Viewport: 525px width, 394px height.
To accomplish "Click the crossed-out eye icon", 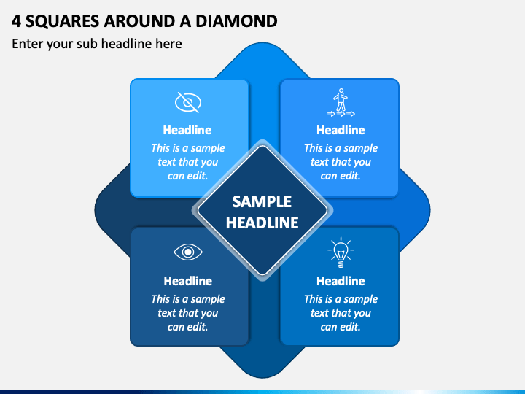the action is coord(188,102).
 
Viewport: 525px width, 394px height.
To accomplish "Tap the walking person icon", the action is coord(341,103).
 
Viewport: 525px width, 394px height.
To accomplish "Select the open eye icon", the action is coord(188,252).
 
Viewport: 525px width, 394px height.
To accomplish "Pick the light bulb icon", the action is coord(341,252).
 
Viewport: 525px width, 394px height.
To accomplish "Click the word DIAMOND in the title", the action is coord(236,21).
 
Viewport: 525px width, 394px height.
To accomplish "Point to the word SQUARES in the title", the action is coord(62,21).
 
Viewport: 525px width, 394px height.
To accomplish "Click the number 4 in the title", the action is coord(16,21).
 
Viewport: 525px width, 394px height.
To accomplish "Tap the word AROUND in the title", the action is coord(140,21).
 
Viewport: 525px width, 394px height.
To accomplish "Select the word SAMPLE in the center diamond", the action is coord(262,201).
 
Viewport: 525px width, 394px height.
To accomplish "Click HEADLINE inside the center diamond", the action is coord(262,223).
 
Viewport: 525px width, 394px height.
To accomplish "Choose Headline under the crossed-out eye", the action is coord(187,130).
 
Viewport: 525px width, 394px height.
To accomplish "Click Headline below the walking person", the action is coord(341,130).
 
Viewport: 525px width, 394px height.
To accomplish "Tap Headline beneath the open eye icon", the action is coord(188,281).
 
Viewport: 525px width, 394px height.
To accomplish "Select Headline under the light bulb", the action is coord(341,281).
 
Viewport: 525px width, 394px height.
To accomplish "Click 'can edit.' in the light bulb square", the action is coord(341,327).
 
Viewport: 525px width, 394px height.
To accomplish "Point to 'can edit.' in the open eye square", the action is coord(188,327).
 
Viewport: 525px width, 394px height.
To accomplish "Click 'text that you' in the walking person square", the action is coord(341,162).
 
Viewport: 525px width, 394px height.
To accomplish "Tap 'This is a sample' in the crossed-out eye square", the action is coord(188,148).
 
